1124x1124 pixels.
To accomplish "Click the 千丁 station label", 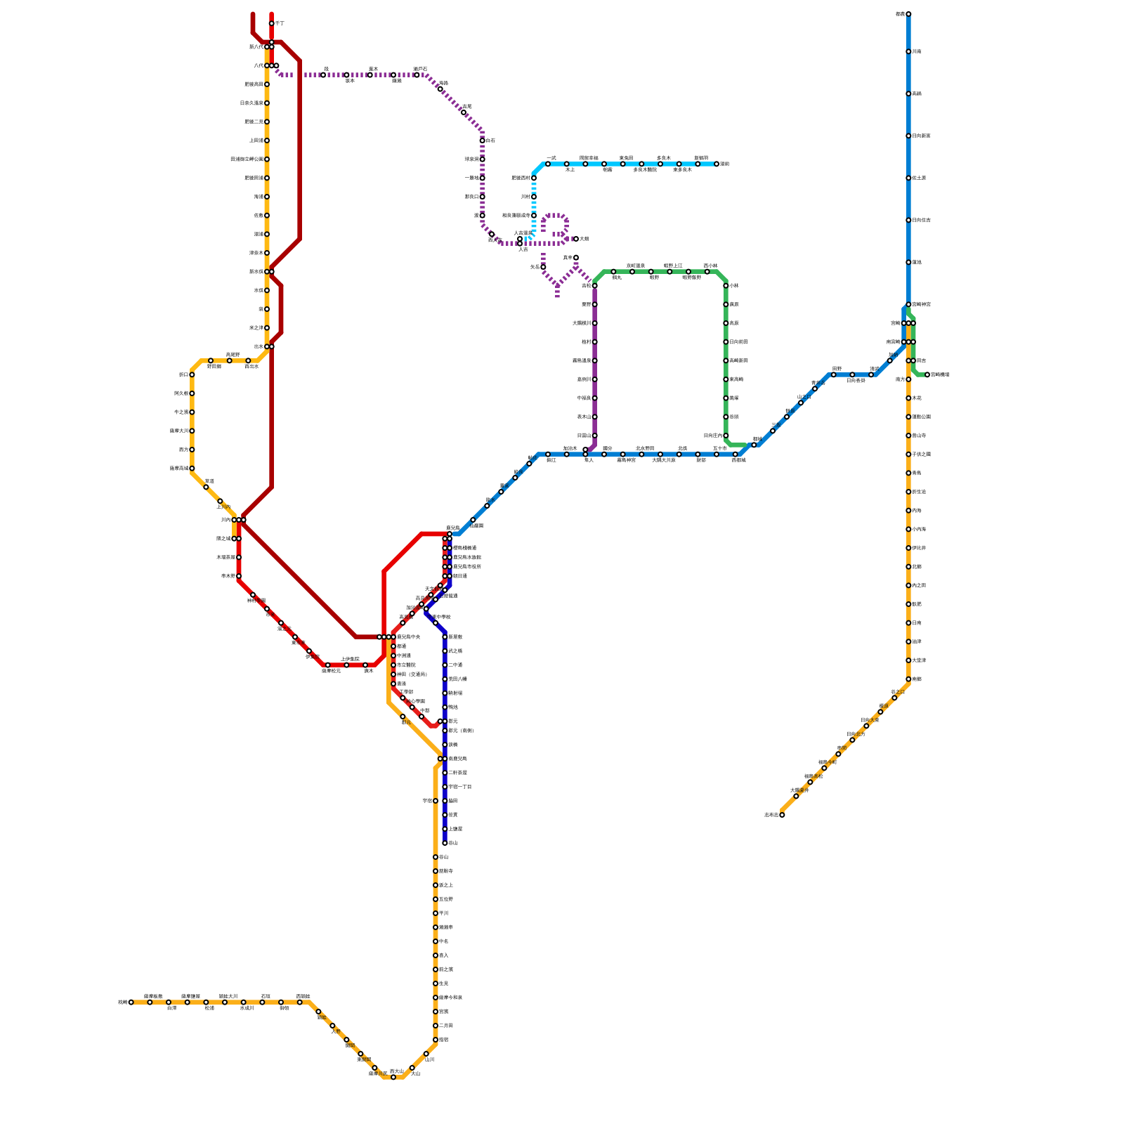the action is (x=280, y=24).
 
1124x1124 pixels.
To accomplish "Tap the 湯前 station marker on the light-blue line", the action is (x=717, y=164).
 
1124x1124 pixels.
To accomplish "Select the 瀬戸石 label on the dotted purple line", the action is (x=420, y=69).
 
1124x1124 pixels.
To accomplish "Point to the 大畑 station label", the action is (x=584, y=239).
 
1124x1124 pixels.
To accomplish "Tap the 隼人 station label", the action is (x=589, y=460).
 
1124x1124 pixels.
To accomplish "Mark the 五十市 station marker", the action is (x=717, y=455).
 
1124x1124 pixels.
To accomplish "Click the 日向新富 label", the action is (x=921, y=136).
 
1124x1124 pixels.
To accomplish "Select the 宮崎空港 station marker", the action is (x=927, y=375).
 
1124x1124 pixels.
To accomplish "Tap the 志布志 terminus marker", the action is (x=782, y=815).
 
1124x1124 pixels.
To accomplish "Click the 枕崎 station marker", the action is (x=131, y=1002).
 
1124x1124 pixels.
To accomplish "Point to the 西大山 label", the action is (x=396, y=1071).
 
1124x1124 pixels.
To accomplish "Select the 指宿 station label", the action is (x=443, y=1040).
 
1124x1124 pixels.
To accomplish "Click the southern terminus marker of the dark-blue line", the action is (x=445, y=843).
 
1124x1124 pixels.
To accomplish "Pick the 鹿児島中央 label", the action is (x=409, y=637).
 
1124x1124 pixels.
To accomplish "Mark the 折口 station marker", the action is (x=192, y=375).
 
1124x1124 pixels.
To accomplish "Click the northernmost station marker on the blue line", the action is (x=908, y=14).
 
